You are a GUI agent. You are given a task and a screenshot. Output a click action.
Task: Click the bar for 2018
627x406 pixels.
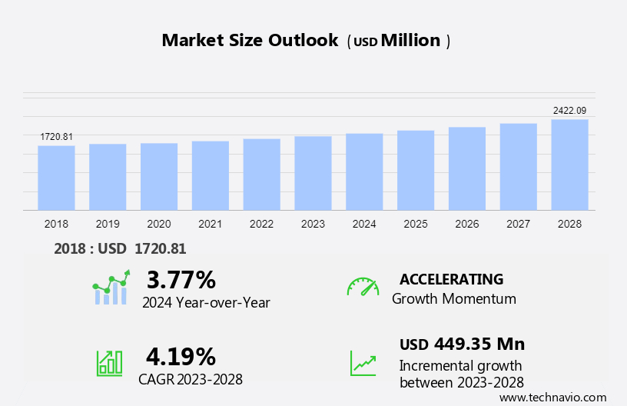(56, 178)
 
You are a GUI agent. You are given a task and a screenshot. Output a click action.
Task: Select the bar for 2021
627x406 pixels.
(211, 175)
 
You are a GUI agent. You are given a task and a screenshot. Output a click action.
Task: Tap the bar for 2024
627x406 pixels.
(364, 171)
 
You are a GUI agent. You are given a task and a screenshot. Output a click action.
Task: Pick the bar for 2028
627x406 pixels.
(569, 165)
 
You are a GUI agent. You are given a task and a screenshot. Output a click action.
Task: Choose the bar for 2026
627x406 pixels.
(467, 168)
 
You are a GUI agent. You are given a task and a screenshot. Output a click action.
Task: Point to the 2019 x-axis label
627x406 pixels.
(108, 224)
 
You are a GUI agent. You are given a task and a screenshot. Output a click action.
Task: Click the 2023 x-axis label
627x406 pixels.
(313, 224)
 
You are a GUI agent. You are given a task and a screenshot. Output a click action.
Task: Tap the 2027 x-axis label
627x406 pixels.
(518, 224)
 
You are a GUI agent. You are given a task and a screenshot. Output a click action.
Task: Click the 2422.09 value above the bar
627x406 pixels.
(569, 111)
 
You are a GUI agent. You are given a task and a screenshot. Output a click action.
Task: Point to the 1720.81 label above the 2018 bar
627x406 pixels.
(56, 137)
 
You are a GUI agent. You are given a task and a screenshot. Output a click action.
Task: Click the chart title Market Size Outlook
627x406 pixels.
(250, 41)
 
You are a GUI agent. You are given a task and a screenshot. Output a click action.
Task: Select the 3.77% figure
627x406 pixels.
(181, 278)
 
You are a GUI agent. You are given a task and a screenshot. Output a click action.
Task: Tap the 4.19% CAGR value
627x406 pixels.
(181, 356)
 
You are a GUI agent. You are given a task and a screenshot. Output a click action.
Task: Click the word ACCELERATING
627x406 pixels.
(451, 279)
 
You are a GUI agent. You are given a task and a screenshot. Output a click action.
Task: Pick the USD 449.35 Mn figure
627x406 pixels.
(462, 344)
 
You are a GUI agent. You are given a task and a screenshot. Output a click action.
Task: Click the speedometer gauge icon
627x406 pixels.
(363, 287)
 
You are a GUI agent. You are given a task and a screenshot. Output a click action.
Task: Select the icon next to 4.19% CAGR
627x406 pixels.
(109, 363)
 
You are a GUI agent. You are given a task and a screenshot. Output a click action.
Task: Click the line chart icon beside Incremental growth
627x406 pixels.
(363, 363)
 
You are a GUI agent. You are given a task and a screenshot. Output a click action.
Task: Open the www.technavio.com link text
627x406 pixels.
(552, 398)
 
